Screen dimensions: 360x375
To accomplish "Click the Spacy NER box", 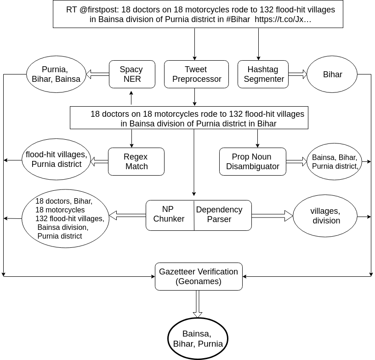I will pyautogui.click(x=131, y=74).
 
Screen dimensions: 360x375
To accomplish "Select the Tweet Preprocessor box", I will pyautogui.click(x=196, y=74).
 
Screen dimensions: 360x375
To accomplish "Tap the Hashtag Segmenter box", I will pyautogui.click(x=263, y=74).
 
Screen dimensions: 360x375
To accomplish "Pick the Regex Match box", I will pyautogui.click(x=136, y=161).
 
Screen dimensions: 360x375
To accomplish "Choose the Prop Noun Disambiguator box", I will pyautogui.click(x=252, y=161).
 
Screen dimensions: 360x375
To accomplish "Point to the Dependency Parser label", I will pyautogui.click(x=219, y=215).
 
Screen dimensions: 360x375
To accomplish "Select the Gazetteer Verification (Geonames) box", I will pyautogui.click(x=199, y=276).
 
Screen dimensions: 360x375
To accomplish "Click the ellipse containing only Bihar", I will pyautogui.click(x=332, y=74).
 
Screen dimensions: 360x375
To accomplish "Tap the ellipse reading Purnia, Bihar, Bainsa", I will pyautogui.click(x=56, y=74).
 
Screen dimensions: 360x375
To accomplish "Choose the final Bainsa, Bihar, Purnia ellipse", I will pyautogui.click(x=198, y=339).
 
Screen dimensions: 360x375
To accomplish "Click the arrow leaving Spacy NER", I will pyautogui.click(x=98, y=74).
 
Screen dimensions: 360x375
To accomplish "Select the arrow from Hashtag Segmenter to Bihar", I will pyautogui.click(x=297, y=74).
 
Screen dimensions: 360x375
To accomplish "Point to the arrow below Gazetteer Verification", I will pyautogui.click(x=198, y=303).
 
